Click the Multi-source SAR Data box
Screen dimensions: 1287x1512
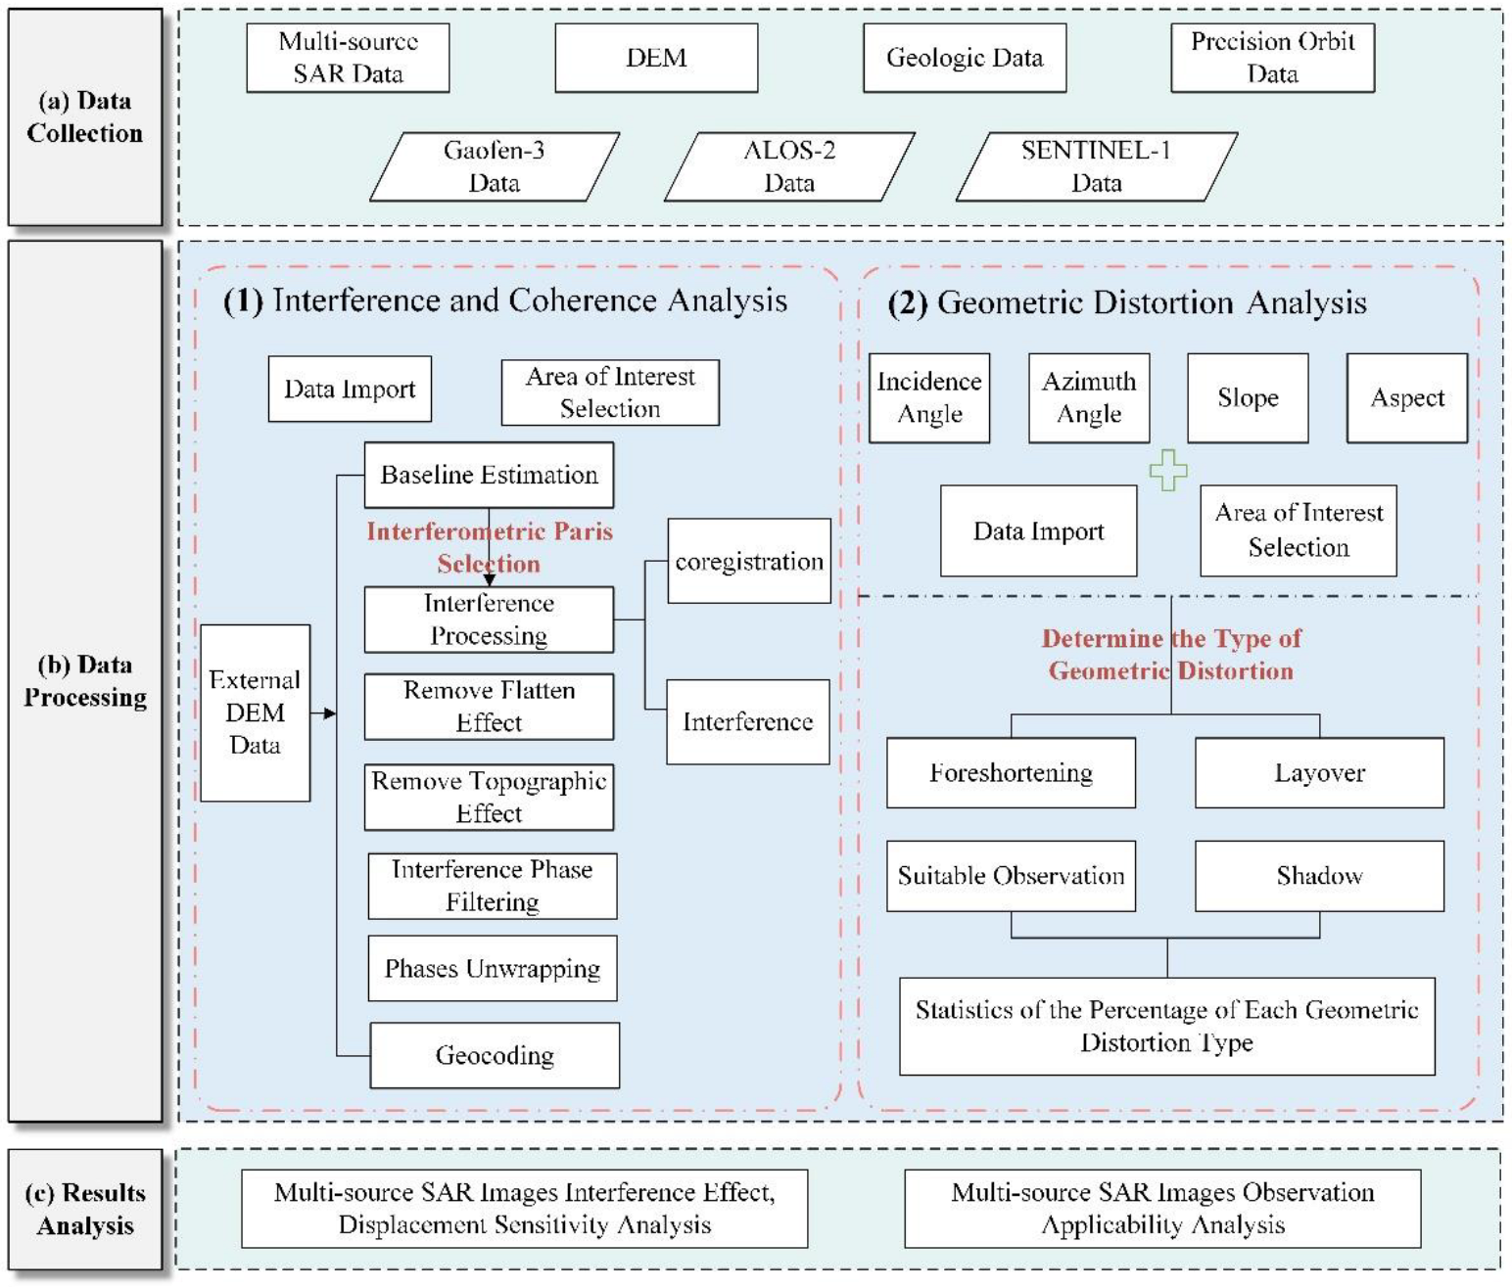(x=348, y=58)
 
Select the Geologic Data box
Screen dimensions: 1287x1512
(x=964, y=58)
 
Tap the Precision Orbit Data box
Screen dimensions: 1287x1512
(x=1272, y=58)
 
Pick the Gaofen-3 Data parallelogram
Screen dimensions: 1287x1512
(x=495, y=166)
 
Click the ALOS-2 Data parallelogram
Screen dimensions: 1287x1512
(x=789, y=166)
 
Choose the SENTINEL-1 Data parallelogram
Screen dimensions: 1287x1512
(x=1096, y=166)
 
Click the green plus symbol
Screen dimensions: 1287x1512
(x=1167, y=471)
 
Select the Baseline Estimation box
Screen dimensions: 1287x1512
(x=489, y=475)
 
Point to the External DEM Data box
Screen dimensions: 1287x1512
(x=255, y=712)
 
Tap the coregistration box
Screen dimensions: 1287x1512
(x=749, y=561)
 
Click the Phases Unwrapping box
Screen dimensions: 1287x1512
(x=493, y=968)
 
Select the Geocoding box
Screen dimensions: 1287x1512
(x=495, y=1055)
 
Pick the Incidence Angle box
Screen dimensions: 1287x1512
(x=929, y=397)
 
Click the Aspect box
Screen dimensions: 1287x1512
(x=1406, y=397)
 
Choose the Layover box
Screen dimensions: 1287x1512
(x=1319, y=772)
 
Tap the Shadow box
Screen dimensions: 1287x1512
(x=1319, y=875)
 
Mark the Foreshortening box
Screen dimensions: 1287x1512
(x=1011, y=772)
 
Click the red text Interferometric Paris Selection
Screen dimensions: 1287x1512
(x=489, y=547)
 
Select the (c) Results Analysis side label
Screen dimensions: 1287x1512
(x=85, y=1209)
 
